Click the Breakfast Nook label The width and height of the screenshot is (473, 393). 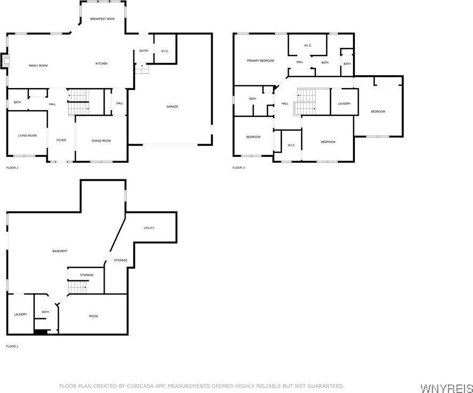coord(102,19)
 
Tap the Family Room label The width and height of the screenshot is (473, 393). coord(38,65)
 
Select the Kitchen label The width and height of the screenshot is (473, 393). coord(101,64)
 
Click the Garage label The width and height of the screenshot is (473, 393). coord(172,107)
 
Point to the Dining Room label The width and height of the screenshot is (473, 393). coord(101,140)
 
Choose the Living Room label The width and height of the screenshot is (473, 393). coord(27,136)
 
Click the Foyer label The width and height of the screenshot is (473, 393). coord(61,140)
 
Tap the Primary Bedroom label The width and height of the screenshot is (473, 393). coord(260,61)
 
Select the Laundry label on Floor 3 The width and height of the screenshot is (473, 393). coord(344,104)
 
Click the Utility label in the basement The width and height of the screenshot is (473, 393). coord(149,228)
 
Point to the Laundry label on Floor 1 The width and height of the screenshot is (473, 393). coord(21,315)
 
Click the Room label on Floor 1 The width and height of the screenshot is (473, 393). coord(93,316)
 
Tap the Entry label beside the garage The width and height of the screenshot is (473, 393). coord(144,51)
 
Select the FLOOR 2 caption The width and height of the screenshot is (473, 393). coord(12,168)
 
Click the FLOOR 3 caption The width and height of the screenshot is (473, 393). coord(239,168)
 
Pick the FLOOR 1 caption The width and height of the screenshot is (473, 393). coord(12,347)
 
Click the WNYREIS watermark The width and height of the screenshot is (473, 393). coord(446,387)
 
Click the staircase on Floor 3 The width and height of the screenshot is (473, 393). coord(305,101)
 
